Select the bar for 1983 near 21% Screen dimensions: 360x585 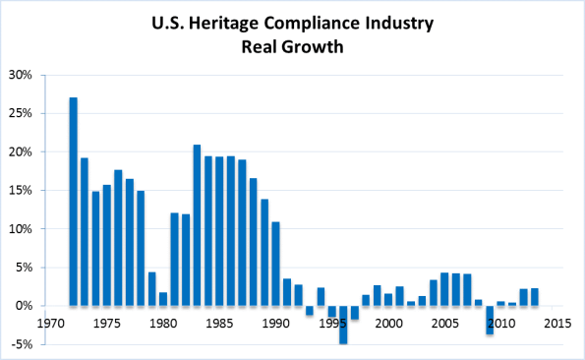(x=198, y=225)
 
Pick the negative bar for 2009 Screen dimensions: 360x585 (x=489, y=321)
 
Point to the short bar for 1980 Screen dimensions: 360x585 (x=163, y=299)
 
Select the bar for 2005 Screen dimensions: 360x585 (x=444, y=289)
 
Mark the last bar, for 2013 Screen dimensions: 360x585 (x=534, y=297)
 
